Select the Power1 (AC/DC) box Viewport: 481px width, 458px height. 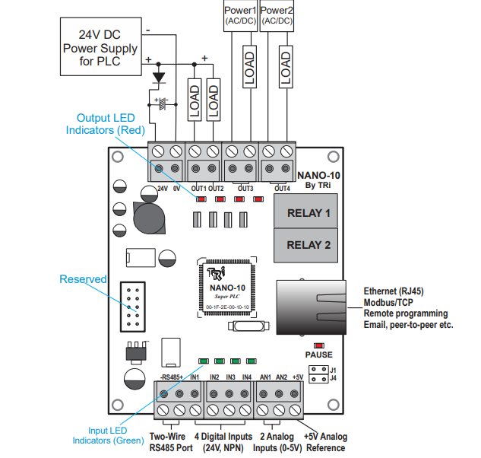(241, 15)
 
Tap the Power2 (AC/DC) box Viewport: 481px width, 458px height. (277, 15)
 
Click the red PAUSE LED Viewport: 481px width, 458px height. (318, 345)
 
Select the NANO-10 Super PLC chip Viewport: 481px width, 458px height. (228, 288)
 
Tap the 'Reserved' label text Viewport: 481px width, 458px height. (83, 279)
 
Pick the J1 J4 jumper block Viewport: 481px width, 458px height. (323, 374)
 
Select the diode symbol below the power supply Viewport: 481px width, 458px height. (159, 78)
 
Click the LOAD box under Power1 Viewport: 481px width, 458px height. (248, 68)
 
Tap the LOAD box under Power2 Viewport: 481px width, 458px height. (285, 68)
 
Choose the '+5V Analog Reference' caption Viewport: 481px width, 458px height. (324, 442)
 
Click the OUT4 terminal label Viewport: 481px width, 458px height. (282, 188)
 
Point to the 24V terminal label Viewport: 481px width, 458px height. (162, 188)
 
